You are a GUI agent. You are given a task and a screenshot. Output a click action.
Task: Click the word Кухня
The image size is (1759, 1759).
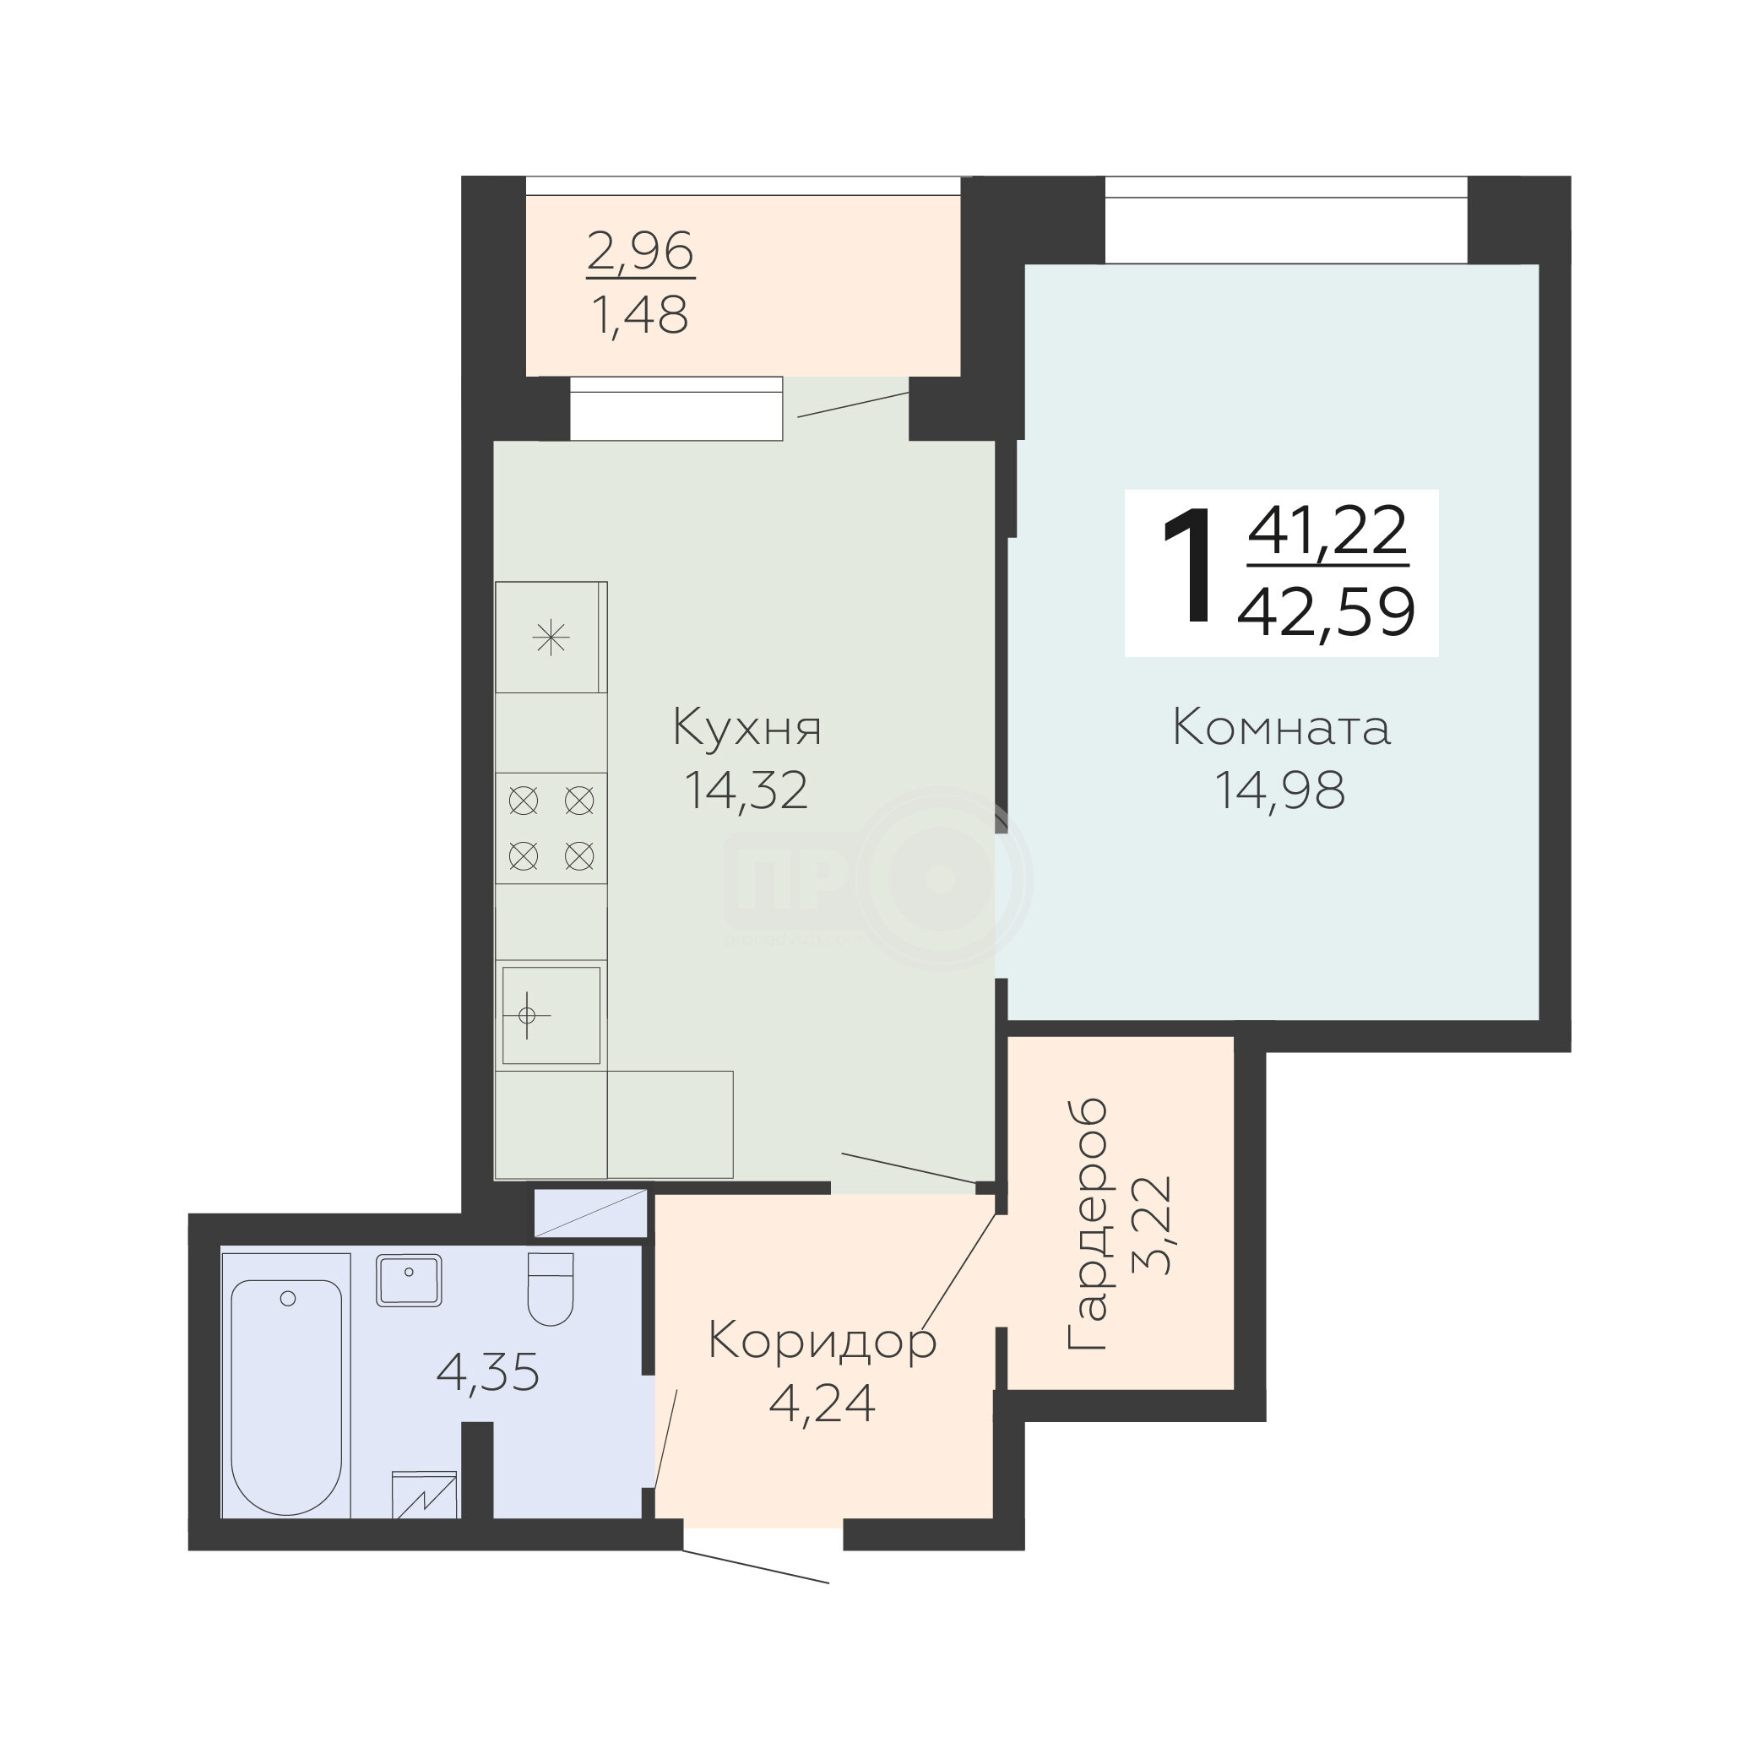746,729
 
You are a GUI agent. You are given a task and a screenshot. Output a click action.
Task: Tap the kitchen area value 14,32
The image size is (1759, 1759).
746,790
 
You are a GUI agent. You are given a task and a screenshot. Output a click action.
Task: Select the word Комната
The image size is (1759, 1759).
1281,729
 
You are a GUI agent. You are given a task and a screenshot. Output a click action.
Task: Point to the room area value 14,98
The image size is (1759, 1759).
1280,790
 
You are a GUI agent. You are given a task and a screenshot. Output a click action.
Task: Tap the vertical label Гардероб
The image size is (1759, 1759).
1088,1224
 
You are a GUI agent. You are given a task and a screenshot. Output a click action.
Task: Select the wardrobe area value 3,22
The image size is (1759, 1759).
1150,1224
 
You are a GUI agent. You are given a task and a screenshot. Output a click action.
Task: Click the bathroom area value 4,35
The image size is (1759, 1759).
488,1372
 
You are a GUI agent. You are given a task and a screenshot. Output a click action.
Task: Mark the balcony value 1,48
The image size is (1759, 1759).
639,315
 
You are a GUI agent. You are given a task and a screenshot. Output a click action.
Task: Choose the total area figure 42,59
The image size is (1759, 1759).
1327,612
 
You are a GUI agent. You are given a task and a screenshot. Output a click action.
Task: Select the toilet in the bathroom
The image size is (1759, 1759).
551,1289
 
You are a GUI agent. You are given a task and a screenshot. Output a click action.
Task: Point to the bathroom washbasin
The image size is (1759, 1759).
409,1280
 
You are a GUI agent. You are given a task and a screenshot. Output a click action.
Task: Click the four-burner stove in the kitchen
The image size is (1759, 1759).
551,828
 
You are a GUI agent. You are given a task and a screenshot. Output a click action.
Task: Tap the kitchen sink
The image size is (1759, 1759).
551,1015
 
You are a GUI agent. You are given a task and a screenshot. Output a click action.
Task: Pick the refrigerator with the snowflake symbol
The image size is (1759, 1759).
551,638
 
